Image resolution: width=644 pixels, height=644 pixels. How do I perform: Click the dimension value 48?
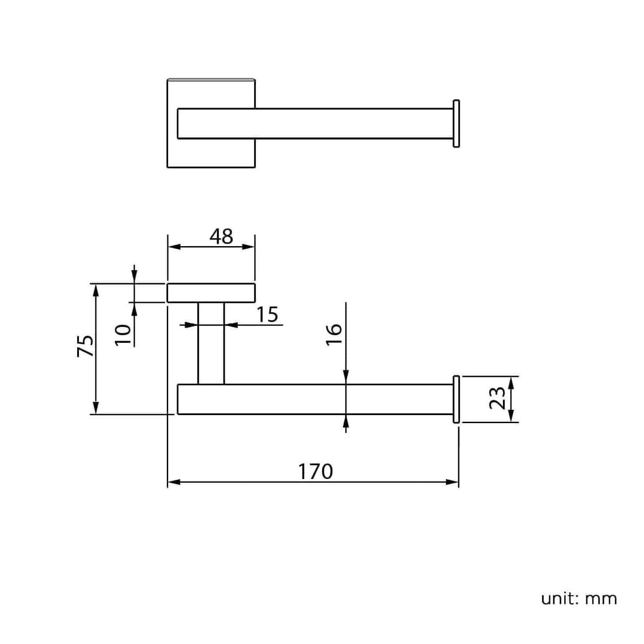221,237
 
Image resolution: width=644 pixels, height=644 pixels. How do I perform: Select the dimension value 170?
315,471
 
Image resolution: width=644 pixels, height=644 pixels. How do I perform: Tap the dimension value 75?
85,346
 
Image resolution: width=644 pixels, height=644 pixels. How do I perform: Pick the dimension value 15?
267,314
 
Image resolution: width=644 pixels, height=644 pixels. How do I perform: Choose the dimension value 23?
497,398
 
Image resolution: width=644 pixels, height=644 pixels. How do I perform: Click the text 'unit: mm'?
579,598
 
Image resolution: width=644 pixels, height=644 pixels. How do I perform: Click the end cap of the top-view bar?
456,123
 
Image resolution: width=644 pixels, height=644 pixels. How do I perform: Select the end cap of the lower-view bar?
456,399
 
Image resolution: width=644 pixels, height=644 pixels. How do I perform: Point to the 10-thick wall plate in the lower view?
211,293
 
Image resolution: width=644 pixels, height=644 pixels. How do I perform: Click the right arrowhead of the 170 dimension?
454,482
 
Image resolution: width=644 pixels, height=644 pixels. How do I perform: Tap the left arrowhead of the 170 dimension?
173,482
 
